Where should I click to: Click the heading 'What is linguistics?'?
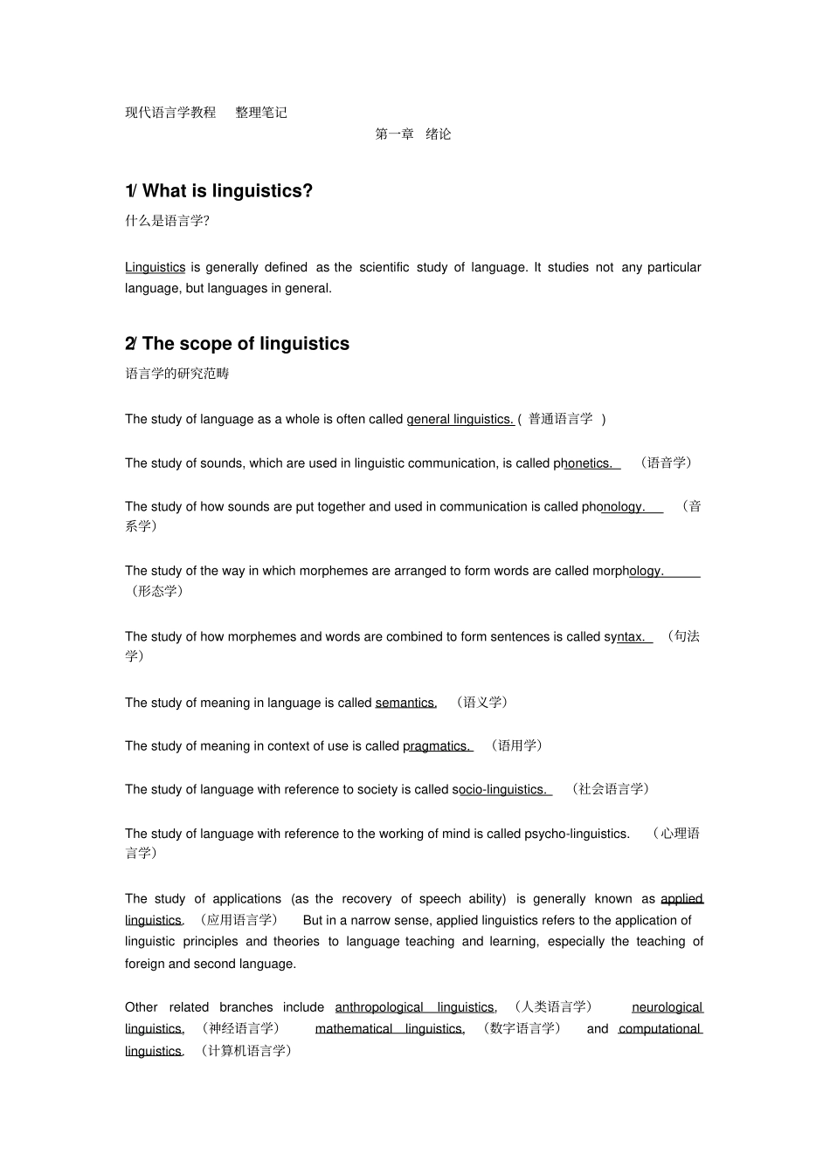(227, 191)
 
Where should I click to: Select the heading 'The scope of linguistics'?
(246, 344)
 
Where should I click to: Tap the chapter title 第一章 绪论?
(413, 134)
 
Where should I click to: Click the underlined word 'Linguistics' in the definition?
(155, 268)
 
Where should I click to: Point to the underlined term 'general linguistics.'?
(460, 420)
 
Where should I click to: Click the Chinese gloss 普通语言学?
(561, 419)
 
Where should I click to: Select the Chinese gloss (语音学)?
(666, 463)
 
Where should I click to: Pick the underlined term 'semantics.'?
(405, 703)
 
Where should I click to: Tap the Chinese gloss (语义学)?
(481, 702)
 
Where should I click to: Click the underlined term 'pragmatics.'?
(437, 746)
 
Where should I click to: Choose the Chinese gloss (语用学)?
(516, 745)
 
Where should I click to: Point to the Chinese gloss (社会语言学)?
(611, 789)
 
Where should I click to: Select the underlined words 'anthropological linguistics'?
(415, 1007)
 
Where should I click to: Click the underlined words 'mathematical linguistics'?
(390, 1029)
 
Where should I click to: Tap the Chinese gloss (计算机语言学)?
(246, 1051)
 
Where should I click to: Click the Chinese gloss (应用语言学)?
(239, 920)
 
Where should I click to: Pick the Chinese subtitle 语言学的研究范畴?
(177, 374)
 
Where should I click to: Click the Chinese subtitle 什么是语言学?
(167, 221)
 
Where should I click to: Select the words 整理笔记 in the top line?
(261, 113)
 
